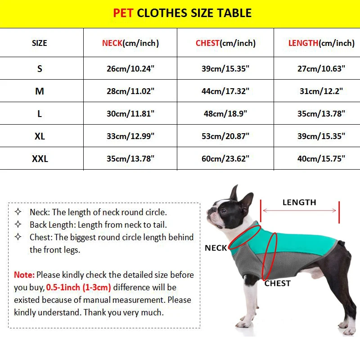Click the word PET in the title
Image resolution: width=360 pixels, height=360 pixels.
pos(123,13)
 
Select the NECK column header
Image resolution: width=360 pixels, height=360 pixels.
pos(130,43)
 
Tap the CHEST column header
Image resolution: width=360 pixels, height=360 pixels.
pos(225,43)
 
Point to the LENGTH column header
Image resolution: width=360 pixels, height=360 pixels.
pos(321,43)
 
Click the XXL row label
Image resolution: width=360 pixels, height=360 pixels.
pos(40,158)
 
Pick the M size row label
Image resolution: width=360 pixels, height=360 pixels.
pos(40,91)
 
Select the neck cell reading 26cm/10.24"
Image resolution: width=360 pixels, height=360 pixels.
pos(130,68)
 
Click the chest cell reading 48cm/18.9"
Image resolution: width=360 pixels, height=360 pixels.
pos(225,113)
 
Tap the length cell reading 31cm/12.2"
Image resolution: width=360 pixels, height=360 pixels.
pos(321,91)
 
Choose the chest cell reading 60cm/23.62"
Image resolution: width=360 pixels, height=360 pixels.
pos(225,158)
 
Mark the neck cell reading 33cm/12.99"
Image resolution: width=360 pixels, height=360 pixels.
pos(130,136)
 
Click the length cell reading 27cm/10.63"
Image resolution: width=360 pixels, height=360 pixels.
pos(321,68)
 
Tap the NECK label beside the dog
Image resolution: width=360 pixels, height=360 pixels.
pos(216,248)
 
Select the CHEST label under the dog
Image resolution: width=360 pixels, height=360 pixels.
pos(277,283)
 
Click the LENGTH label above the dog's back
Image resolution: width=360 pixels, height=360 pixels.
pos(299,202)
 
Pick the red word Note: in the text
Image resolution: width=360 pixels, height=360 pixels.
pos(24,274)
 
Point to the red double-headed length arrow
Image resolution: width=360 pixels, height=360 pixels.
pos(299,211)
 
